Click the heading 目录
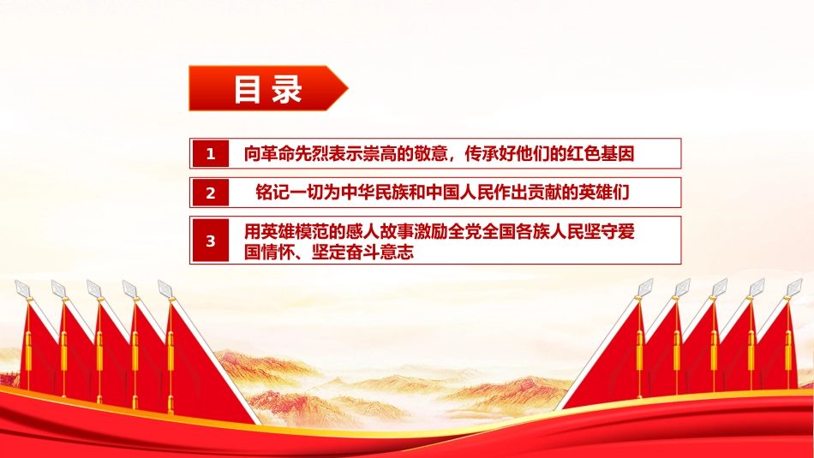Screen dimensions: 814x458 coord(268,89)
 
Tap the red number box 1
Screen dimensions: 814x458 coord(210,153)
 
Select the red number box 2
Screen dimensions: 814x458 coord(210,193)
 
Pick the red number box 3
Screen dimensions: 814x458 coord(210,241)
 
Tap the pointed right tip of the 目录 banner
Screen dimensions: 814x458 coord(348,88)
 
